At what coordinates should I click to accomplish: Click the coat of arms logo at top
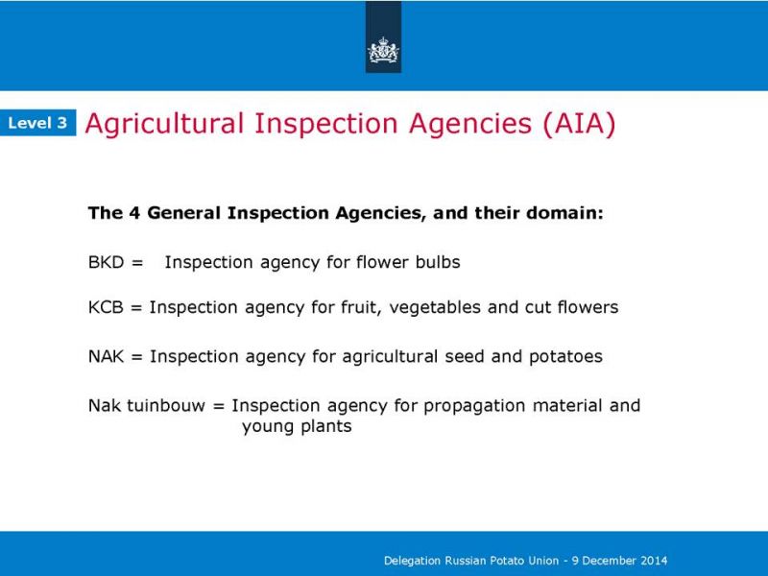tap(383, 51)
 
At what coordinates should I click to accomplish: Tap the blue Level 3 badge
tap(37, 123)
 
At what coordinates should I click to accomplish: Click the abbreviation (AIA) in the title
tap(579, 124)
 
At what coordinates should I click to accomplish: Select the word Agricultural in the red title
tap(164, 124)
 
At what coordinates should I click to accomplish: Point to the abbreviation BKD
tap(107, 262)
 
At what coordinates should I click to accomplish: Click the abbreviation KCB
tap(106, 307)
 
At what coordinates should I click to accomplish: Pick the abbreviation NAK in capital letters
tap(107, 356)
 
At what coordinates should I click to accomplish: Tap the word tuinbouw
tap(166, 405)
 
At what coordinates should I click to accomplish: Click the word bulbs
tap(438, 262)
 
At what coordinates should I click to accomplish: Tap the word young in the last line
tap(268, 427)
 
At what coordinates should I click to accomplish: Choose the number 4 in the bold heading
tap(134, 213)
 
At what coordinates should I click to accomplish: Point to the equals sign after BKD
tap(137, 263)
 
